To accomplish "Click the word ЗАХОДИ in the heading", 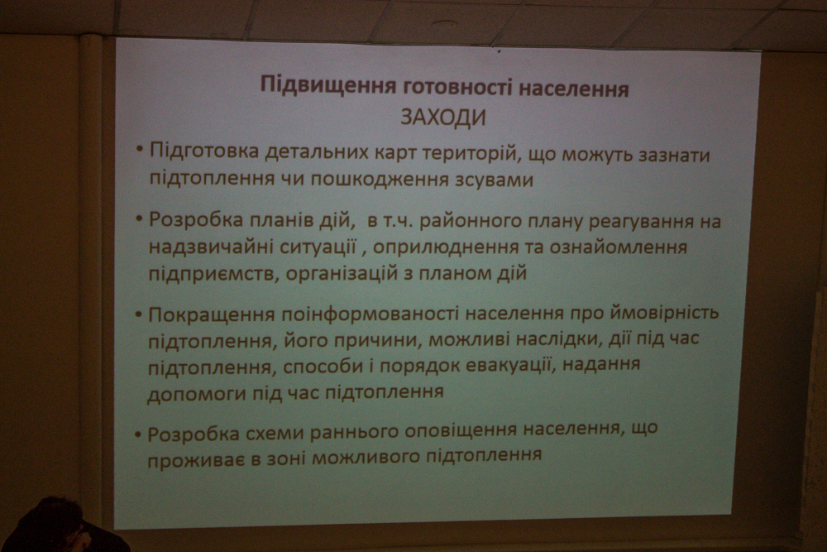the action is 443,118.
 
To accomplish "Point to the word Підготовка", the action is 204,151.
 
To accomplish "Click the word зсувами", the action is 493,180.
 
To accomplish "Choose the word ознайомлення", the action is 619,247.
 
